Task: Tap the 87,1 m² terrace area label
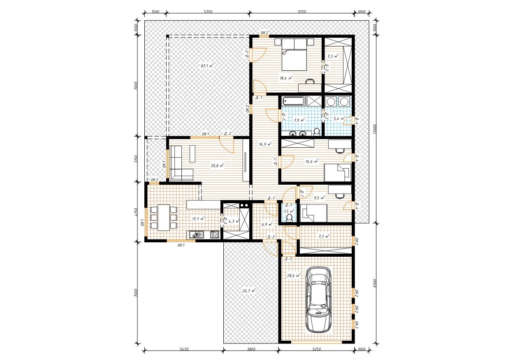207,66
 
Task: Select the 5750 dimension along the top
208,12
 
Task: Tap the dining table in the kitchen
164,218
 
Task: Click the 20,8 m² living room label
217,165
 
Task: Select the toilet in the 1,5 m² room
290,218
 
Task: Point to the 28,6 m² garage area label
294,276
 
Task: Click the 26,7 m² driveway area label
248,291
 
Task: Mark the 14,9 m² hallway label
265,144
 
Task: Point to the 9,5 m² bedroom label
319,197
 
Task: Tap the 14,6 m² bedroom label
312,161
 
